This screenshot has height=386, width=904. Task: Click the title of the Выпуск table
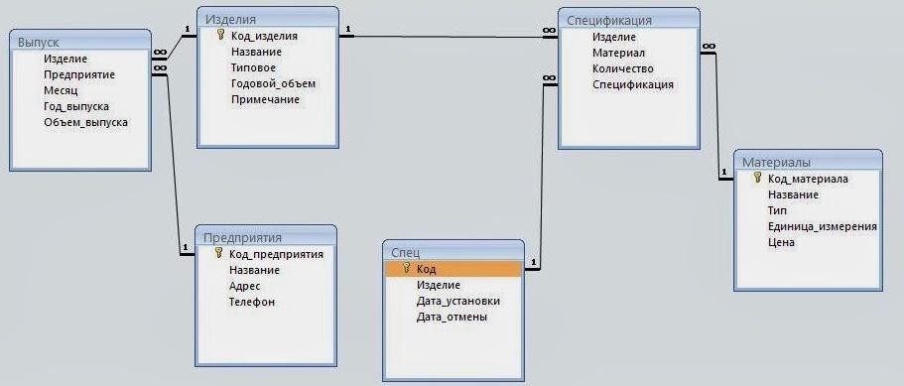38,42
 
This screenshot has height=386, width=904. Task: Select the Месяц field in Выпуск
61,90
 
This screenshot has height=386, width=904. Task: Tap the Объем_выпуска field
86,122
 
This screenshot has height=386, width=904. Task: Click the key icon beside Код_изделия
220,35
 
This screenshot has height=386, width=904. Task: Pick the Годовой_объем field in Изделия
273,83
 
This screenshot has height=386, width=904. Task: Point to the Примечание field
265,99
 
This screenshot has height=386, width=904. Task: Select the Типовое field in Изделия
254,67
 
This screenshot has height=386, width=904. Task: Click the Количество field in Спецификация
622,68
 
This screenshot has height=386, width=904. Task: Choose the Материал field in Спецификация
618,53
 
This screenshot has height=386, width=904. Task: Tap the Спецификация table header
609,20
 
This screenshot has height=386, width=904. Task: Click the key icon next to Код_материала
757,178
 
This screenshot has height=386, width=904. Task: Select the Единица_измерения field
822,227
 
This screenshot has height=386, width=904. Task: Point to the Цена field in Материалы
781,242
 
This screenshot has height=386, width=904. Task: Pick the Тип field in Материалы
777,210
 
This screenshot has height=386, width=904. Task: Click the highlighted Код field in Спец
426,269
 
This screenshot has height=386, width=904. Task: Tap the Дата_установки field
458,302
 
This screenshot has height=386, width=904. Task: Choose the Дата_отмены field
452,317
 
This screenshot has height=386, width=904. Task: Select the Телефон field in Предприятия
251,302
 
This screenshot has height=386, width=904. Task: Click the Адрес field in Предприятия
244,286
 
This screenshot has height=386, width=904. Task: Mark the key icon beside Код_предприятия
218,253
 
